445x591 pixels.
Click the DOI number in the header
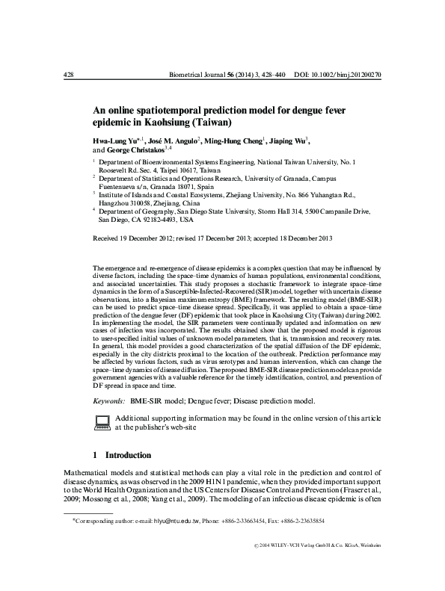(x=356, y=75)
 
